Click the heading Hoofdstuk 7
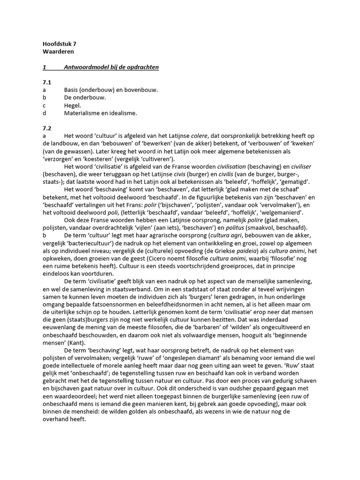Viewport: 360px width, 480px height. pos(59,44)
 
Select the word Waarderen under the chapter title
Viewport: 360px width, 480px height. pos(58,52)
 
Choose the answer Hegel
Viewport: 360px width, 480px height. pos(73,105)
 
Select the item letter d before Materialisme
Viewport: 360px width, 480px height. pos(44,113)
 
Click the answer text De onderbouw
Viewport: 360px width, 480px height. pos(85,97)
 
